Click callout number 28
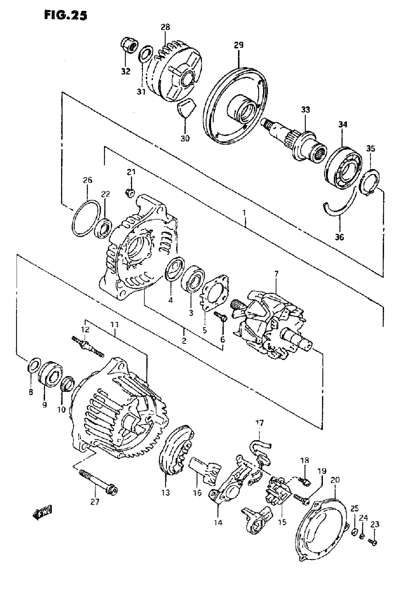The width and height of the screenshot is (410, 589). coord(165,27)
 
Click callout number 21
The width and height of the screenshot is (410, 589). coord(131,172)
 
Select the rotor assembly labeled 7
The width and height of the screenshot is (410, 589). coord(270,324)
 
